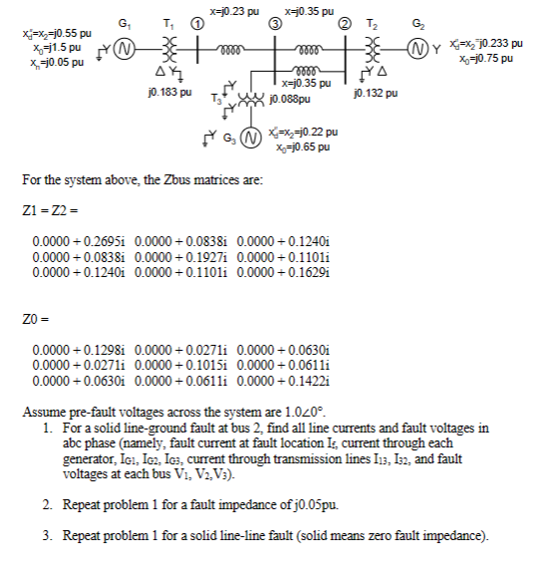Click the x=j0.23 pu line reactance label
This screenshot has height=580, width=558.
tap(234, 9)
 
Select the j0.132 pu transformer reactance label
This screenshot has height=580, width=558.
tap(374, 93)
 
